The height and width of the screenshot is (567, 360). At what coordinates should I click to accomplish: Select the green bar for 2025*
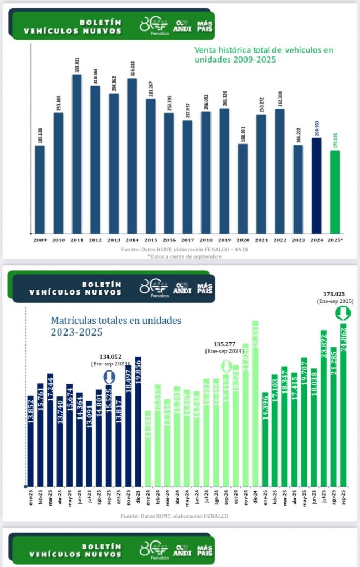(x=335, y=191)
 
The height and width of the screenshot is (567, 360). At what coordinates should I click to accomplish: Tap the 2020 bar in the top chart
(x=243, y=188)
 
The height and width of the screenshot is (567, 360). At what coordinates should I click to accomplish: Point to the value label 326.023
(x=132, y=65)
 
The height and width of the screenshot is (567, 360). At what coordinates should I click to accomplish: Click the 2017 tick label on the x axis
(x=187, y=239)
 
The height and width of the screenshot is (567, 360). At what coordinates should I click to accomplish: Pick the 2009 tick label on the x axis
(x=40, y=239)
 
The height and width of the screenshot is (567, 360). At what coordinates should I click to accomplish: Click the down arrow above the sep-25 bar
(x=343, y=313)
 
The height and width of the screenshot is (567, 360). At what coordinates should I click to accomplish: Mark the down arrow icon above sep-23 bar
(x=109, y=378)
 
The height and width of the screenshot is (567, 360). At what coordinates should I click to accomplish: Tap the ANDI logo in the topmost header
(x=183, y=26)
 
